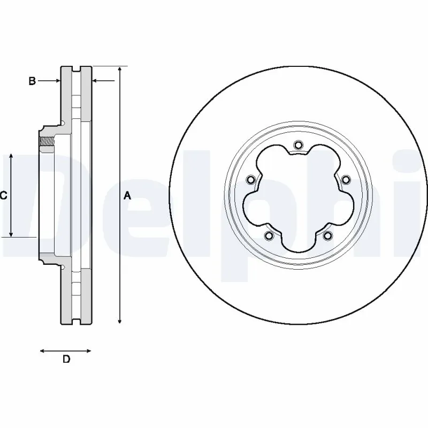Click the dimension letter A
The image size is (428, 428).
127,196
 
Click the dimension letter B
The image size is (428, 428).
32,81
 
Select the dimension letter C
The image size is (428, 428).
3,196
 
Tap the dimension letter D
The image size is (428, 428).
66,360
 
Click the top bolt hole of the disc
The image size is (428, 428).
299,144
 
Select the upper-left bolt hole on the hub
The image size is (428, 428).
250,180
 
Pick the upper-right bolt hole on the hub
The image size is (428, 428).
346,179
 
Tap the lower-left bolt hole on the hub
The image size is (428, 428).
269,235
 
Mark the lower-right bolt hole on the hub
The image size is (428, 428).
327,235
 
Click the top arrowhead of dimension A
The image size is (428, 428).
120,70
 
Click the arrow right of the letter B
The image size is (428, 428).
55,81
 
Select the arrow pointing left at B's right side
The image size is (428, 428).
96,81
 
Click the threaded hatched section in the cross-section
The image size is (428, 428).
48,142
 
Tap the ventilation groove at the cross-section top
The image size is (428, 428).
76,70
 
